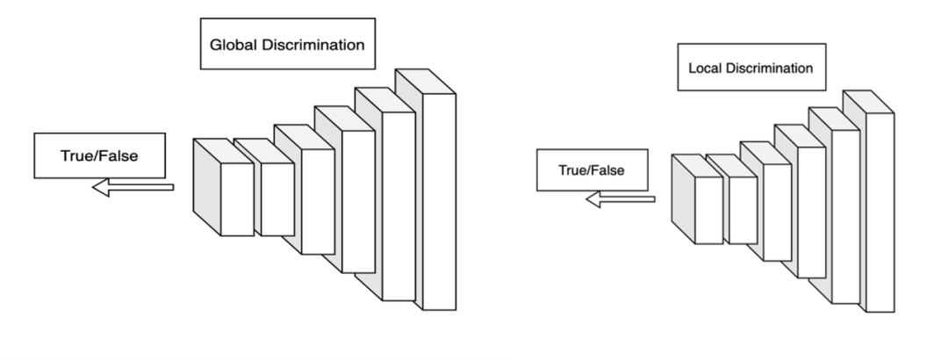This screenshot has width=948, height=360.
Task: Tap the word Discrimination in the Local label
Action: point(775,68)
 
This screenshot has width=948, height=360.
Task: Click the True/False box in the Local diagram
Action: point(592,169)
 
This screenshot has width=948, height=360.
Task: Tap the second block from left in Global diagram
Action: point(277,198)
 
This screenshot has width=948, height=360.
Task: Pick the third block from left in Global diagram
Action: point(317,202)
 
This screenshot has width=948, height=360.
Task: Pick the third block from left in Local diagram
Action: point(777,212)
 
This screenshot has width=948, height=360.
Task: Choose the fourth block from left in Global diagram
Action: point(358,202)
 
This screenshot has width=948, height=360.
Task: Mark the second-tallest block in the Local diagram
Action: point(845,214)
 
